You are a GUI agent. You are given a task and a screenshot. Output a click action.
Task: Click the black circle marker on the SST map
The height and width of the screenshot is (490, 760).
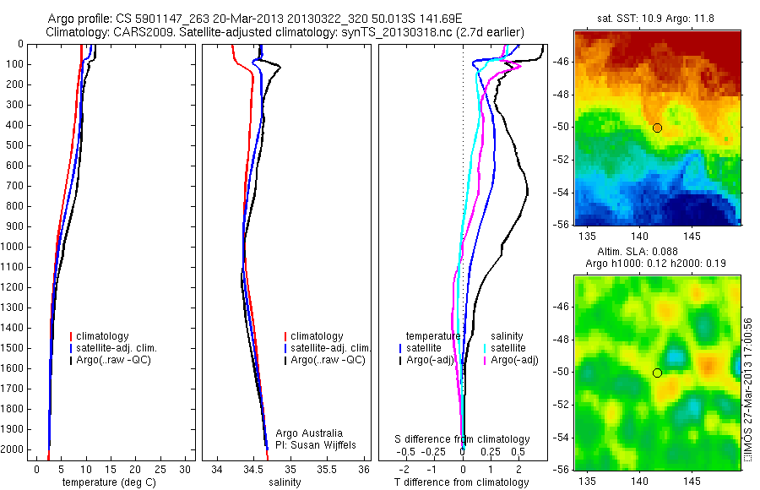657,128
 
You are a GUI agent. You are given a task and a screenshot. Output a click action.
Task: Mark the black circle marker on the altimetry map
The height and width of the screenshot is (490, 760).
657,373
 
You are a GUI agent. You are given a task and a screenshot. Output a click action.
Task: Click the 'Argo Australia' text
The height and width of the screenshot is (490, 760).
309,433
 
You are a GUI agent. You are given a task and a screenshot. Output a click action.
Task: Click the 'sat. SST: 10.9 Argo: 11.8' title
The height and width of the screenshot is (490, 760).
656,19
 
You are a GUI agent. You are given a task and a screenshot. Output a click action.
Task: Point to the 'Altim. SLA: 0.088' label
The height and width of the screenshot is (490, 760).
657,253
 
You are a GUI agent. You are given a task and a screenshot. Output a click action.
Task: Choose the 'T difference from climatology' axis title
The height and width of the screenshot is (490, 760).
461,482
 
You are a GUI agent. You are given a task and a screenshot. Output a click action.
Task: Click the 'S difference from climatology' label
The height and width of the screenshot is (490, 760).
463,439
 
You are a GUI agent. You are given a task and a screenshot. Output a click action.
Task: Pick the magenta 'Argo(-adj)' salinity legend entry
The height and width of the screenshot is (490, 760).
515,360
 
